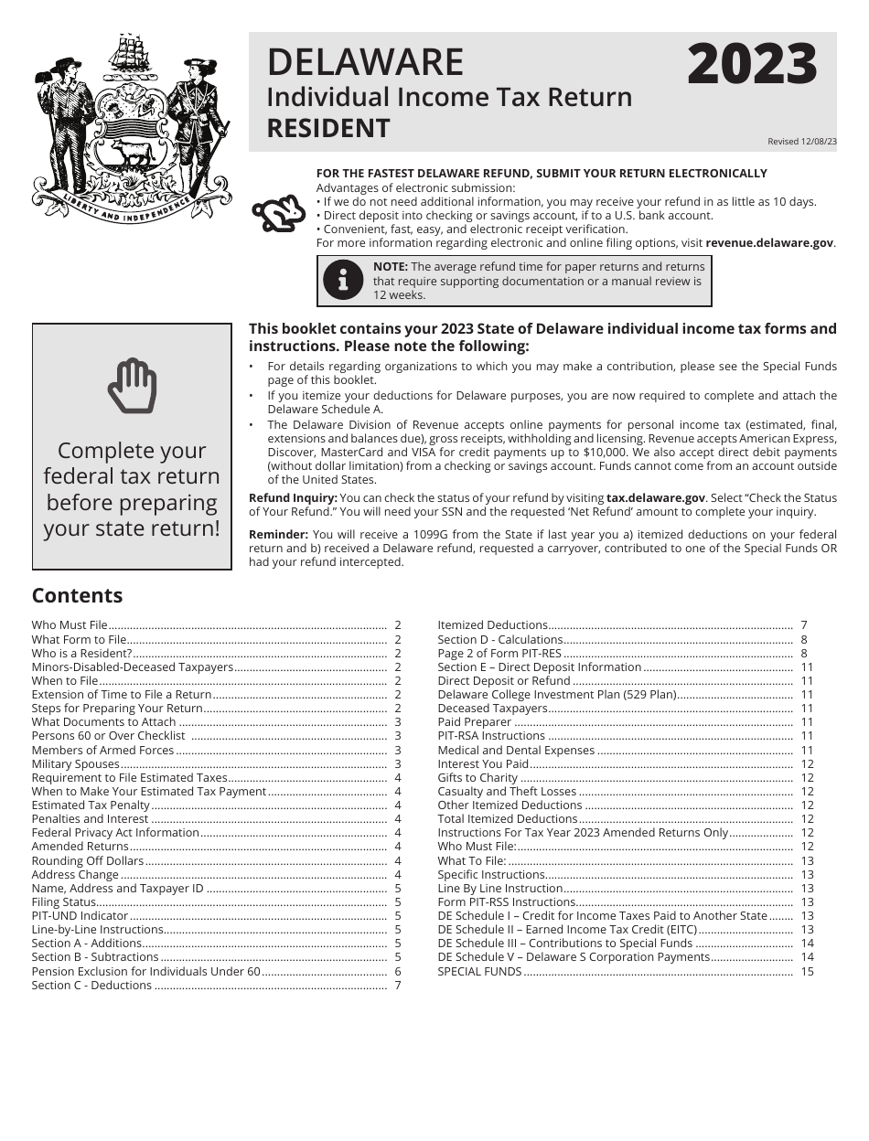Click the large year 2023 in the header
(x=751, y=66)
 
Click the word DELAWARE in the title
(x=365, y=62)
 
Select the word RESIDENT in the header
(x=327, y=128)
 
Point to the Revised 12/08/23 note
(x=801, y=142)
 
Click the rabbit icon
(x=278, y=214)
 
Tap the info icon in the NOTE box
(x=343, y=281)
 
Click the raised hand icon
(x=132, y=386)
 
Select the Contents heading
(x=77, y=595)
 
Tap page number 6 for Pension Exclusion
(x=398, y=971)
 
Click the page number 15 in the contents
(x=807, y=971)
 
